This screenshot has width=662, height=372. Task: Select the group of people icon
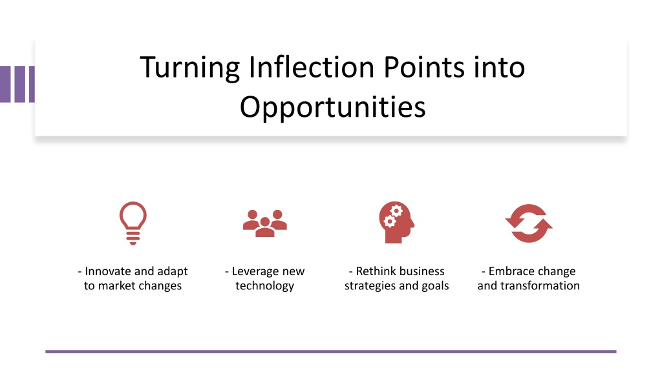pos(264,223)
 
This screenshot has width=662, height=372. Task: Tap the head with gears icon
pos(396,222)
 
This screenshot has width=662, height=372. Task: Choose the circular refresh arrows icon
pos(529,223)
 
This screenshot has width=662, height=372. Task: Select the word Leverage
pos(255,272)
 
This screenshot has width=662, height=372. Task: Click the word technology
pos(264,286)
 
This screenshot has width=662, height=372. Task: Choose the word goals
pos(435,286)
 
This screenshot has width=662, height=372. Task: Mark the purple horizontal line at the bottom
pos(331,351)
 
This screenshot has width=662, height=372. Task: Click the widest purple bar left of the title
pos(5,84)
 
